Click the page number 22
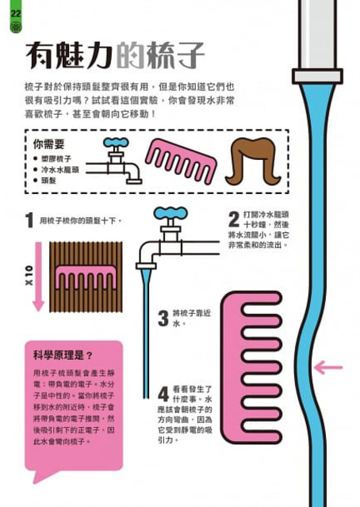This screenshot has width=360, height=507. tap(16, 13)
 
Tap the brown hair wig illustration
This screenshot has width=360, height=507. tap(253, 162)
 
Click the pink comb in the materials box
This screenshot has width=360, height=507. tap(181, 160)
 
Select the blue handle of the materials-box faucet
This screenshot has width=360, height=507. tap(116, 143)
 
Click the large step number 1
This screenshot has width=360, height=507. tap(29, 220)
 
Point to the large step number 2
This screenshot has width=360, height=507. tap(234, 219)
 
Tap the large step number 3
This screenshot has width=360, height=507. tap(163, 318)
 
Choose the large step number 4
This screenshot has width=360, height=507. tap(163, 394)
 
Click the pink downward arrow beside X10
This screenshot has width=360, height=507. tap(39, 276)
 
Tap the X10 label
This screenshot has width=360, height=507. tap(29, 276)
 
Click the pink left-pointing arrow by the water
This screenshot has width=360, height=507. tap(328, 368)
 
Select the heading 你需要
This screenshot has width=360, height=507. tap(48, 144)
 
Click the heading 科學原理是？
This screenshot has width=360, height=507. tap(63, 356)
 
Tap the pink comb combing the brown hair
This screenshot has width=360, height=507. tap(86, 277)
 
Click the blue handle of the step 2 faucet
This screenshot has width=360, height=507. tap(170, 213)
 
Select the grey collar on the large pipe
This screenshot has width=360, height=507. tap(317, 76)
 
